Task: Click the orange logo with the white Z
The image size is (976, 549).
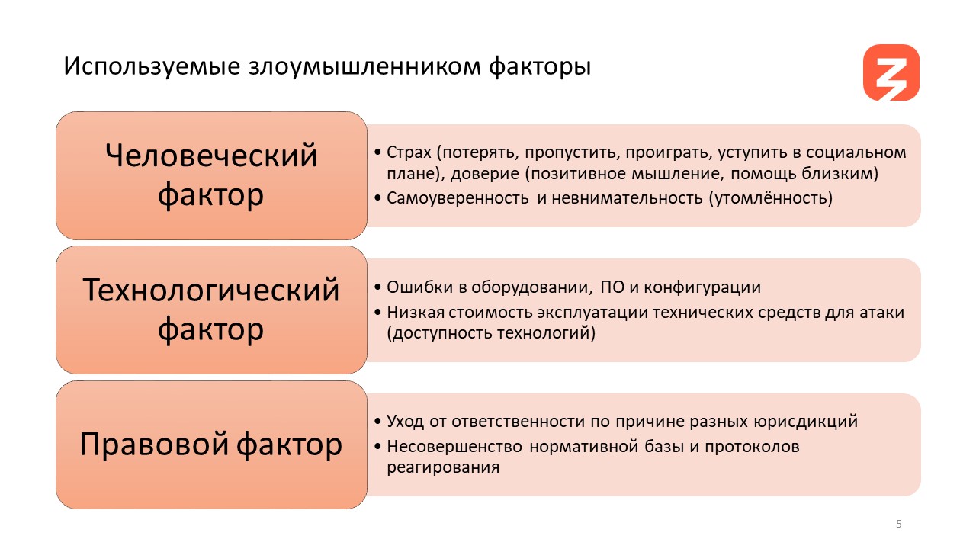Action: (x=891, y=72)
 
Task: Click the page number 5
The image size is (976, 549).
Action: (x=898, y=524)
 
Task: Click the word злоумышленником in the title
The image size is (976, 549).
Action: (x=364, y=66)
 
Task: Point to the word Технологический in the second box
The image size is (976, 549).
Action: (x=211, y=290)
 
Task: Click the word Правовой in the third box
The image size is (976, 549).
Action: (x=154, y=444)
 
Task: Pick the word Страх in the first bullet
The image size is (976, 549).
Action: (x=409, y=152)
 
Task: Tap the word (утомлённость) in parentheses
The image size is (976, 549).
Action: (x=771, y=198)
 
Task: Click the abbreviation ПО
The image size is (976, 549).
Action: (x=612, y=287)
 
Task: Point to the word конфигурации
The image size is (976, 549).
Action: (x=702, y=288)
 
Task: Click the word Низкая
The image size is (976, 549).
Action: (x=416, y=313)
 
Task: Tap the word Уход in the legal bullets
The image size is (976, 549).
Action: (x=405, y=422)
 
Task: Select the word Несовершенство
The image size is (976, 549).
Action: (x=454, y=447)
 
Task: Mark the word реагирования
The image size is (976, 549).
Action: (x=443, y=468)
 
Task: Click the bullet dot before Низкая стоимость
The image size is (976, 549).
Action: (x=377, y=313)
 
